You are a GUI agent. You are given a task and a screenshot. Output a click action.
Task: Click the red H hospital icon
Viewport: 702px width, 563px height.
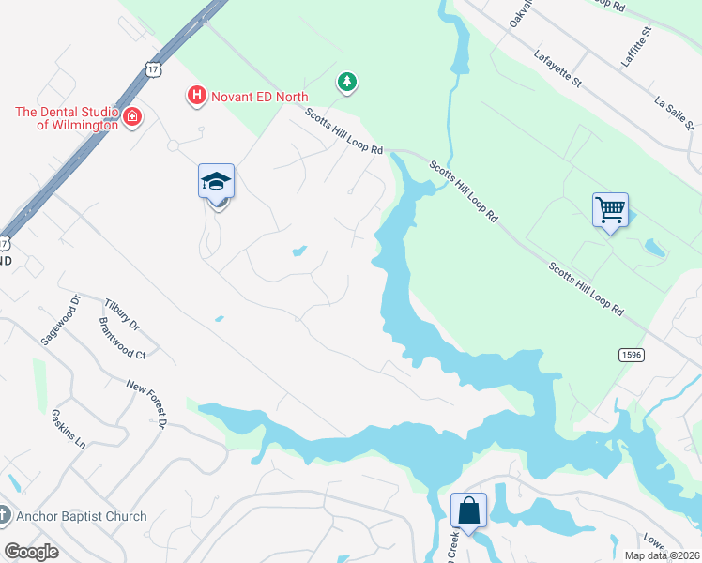tap(196, 96)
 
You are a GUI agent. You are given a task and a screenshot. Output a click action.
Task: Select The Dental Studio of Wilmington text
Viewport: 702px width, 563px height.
tap(66, 118)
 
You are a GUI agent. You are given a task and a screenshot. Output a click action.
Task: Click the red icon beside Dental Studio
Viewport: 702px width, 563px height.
tap(132, 117)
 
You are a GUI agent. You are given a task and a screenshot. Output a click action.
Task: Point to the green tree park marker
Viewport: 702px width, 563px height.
tap(347, 83)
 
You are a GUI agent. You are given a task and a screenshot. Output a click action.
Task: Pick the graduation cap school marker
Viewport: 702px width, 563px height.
tap(216, 181)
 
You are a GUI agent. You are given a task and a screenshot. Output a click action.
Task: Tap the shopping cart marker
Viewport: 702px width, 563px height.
tap(610, 209)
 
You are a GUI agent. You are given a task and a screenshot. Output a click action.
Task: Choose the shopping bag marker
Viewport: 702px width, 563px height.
tap(468, 511)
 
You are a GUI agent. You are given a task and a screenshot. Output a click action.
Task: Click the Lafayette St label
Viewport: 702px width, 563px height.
tap(557, 68)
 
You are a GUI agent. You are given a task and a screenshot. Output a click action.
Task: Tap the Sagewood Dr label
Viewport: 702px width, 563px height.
tap(61, 319)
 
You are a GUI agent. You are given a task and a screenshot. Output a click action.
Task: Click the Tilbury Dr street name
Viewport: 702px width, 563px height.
tap(122, 314)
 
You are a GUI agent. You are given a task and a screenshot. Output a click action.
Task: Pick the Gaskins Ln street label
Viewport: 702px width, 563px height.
tap(69, 431)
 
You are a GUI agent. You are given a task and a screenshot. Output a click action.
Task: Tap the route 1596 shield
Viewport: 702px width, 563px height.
tap(630, 354)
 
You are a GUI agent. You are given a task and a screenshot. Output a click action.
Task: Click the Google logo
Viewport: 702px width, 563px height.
tap(31, 552)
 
